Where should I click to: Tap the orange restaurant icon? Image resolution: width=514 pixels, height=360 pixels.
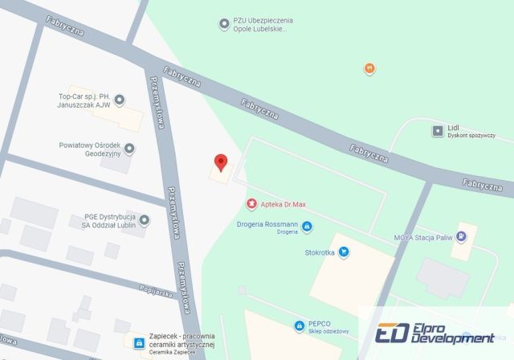pyautogui.click(x=369, y=68)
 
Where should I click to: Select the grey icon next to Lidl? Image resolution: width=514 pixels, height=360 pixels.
pyautogui.click(x=437, y=129)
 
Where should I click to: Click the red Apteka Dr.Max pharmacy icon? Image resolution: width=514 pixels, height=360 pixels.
pyautogui.click(x=251, y=205)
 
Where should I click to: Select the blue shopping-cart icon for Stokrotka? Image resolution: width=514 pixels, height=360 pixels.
pyautogui.click(x=344, y=252)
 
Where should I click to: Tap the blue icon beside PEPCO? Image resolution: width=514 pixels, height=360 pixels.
pyautogui.click(x=300, y=325)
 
